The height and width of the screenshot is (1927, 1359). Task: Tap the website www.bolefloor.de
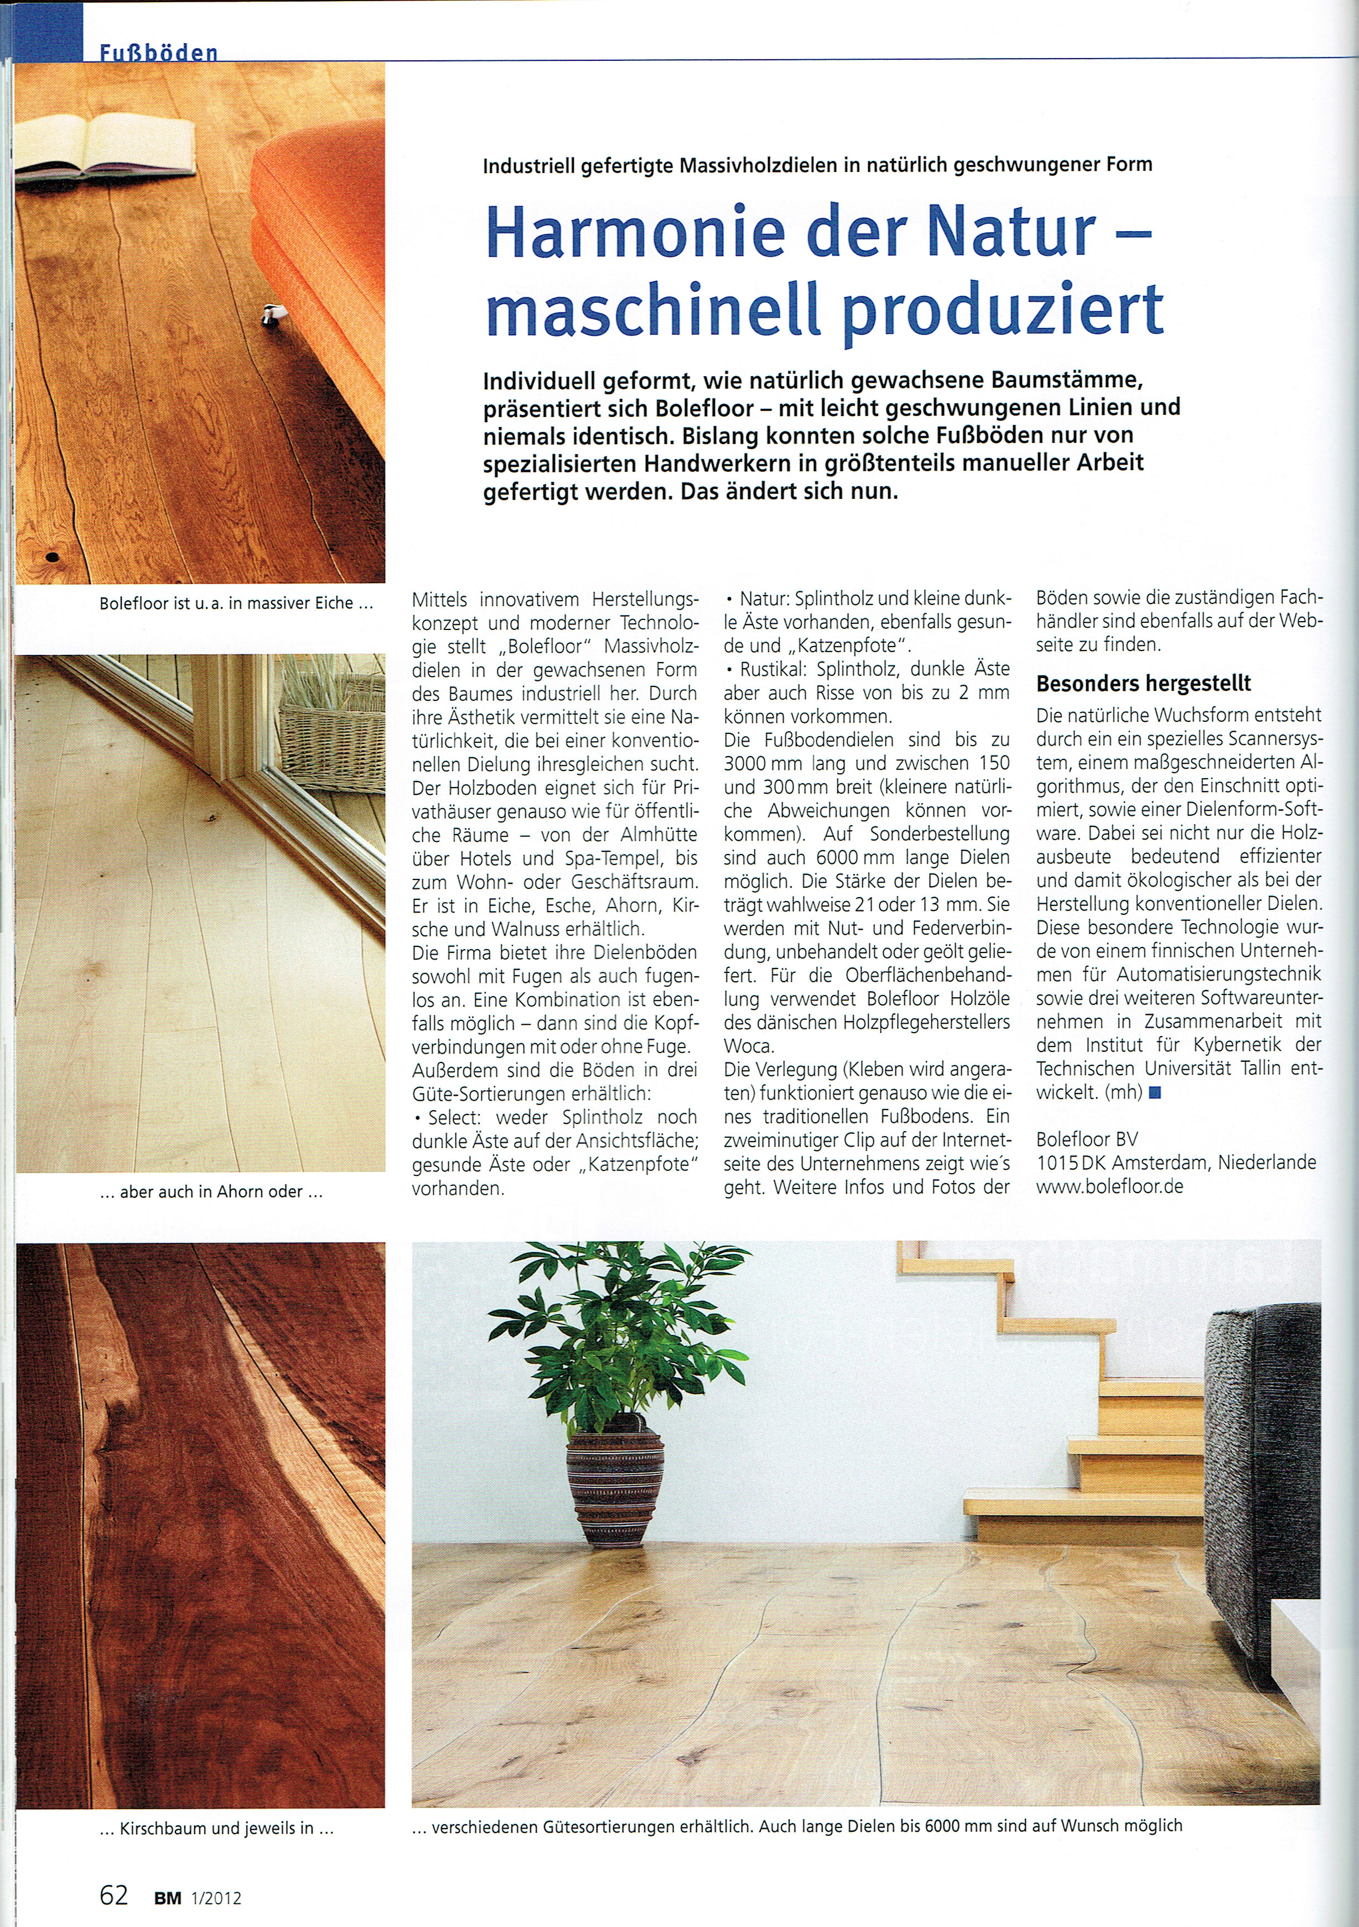click(x=1109, y=1187)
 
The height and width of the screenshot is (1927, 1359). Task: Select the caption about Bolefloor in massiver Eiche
click(x=235, y=603)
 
